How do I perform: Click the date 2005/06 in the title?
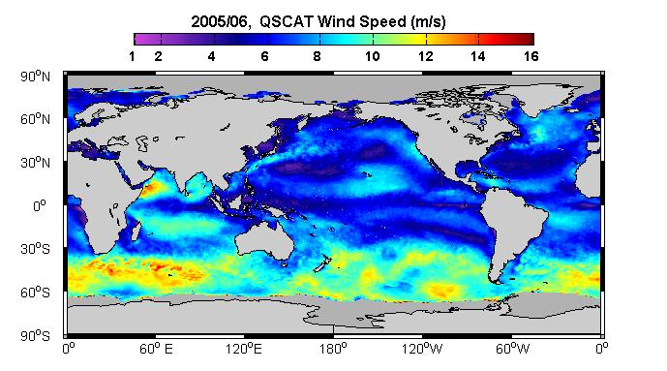coord(219,21)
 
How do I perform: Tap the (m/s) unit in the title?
coord(428,21)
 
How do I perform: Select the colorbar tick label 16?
coord(531,56)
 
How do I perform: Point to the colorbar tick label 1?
coord(132,56)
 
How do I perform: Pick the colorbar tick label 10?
coord(372,56)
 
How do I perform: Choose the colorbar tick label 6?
coord(264,56)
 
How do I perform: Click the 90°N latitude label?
coord(35,77)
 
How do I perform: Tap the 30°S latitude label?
coord(35,249)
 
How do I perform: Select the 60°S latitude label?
coord(35,293)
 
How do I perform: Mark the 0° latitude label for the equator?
coord(39,206)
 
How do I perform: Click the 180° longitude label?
coord(333,349)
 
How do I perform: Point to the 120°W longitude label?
coord(422,349)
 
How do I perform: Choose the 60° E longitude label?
coord(156,349)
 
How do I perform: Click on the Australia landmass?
coord(264,241)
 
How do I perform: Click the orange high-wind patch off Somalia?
coord(149,188)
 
